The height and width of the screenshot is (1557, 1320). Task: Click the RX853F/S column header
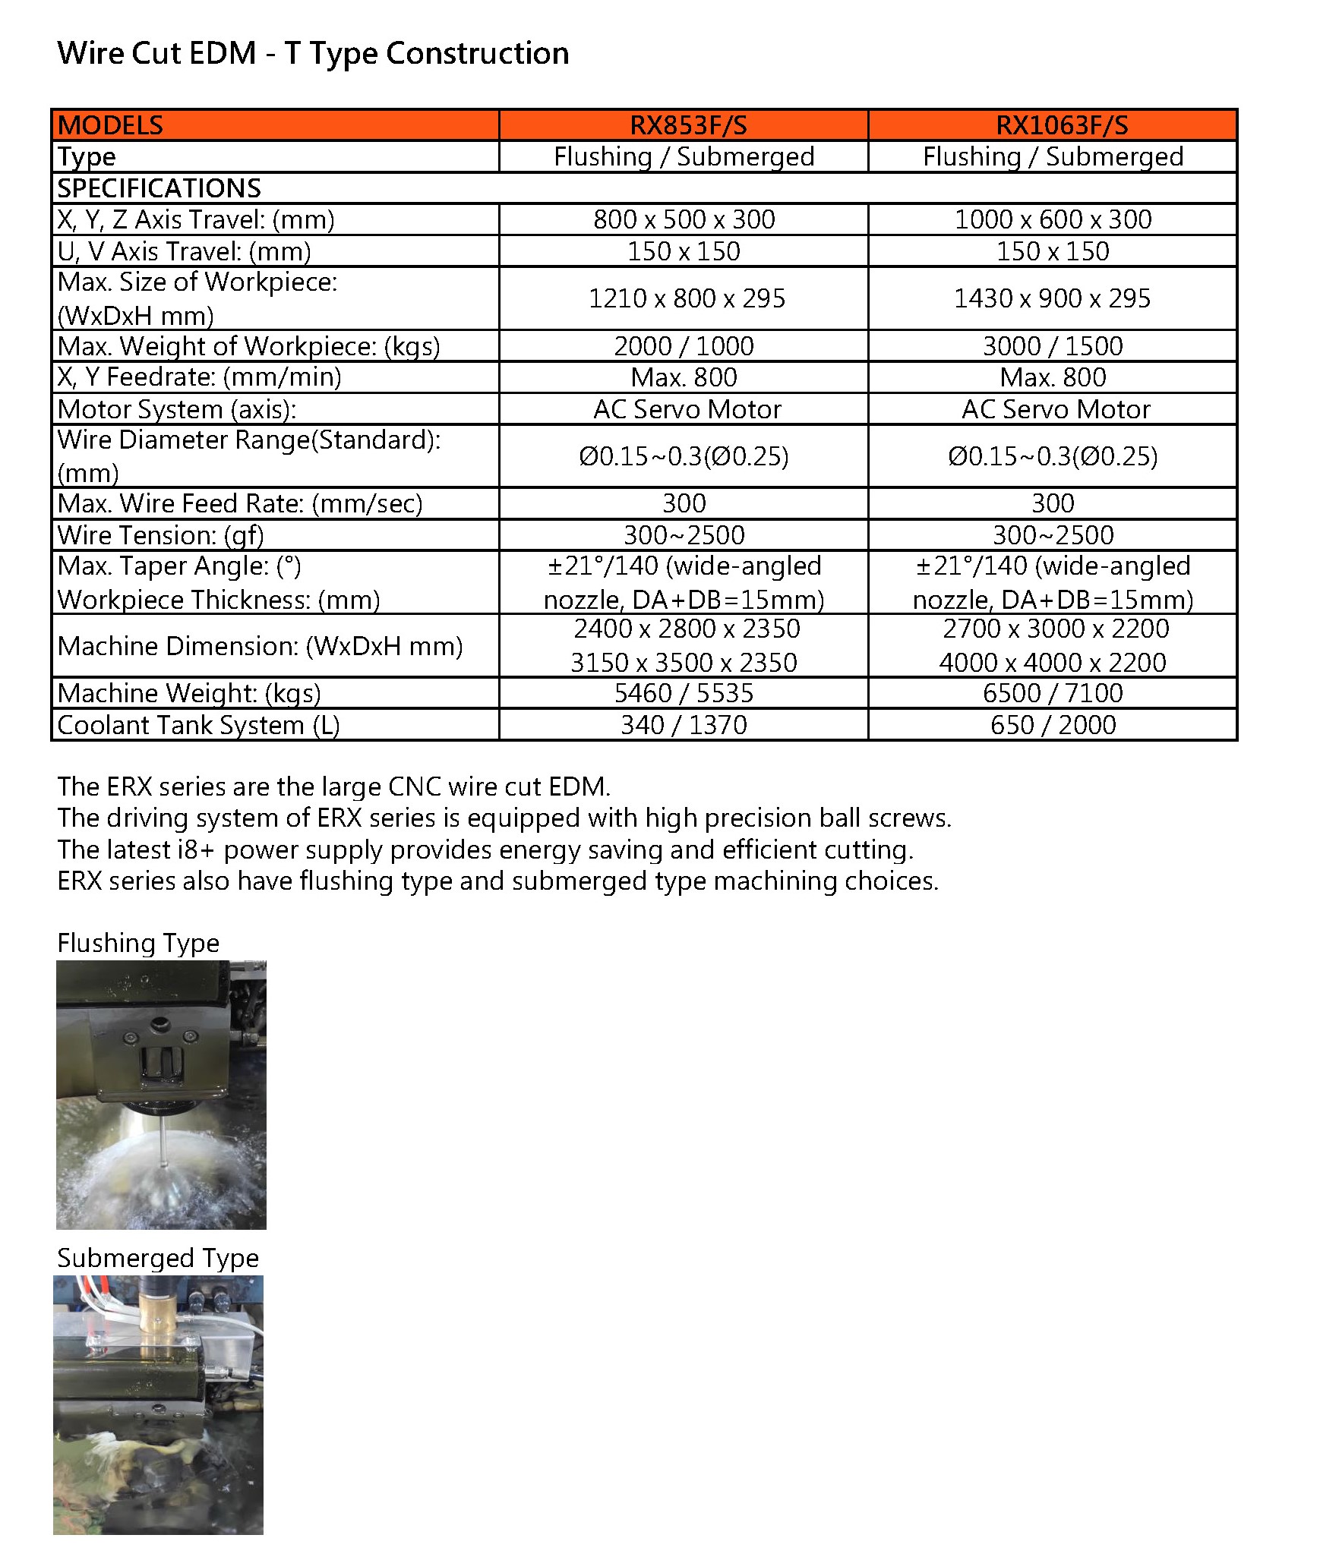point(687,125)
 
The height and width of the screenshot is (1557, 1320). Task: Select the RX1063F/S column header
point(1061,125)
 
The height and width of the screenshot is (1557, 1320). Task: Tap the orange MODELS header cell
point(111,125)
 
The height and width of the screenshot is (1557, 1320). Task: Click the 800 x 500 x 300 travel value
point(684,219)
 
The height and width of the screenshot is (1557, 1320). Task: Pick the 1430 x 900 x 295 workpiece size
point(1052,298)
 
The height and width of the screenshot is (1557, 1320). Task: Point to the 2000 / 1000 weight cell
point(684,346)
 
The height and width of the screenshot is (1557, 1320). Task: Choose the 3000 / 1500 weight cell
point(1052,346)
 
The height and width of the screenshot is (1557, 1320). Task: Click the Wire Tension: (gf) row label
point(160,535)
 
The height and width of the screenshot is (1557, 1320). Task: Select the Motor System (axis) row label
point(176,409)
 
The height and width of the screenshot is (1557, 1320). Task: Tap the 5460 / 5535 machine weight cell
point(684,693)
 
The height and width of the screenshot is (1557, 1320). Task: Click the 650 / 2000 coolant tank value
point(1053,725)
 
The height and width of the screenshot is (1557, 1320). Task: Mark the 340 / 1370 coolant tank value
point(684,725)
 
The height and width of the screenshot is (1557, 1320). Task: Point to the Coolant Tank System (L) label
point(198,725)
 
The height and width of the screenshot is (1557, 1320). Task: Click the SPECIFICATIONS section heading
point(159,188)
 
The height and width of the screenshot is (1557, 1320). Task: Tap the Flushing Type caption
point(138,943)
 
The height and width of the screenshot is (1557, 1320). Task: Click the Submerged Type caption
point(158,1258)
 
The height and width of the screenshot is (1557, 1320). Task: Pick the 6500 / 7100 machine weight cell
point(1052,693)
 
